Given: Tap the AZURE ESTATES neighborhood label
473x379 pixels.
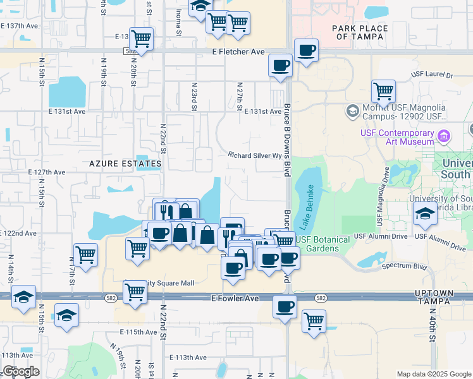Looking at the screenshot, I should (125, 164).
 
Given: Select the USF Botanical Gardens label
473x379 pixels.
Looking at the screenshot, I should (322, 244).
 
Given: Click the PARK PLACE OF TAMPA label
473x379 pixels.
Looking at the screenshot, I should (359, 32).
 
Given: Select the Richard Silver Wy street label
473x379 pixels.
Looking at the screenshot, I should (254, 155).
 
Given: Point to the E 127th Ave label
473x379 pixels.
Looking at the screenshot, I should (46, 172).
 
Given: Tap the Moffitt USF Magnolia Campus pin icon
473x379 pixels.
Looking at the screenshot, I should (352, 112).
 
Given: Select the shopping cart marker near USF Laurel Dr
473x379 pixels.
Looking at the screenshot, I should (383, 91).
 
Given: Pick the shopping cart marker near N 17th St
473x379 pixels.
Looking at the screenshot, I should (85, 255).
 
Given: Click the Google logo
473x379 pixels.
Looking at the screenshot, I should (20, 371).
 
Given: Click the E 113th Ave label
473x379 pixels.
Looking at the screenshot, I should (188, 357).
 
